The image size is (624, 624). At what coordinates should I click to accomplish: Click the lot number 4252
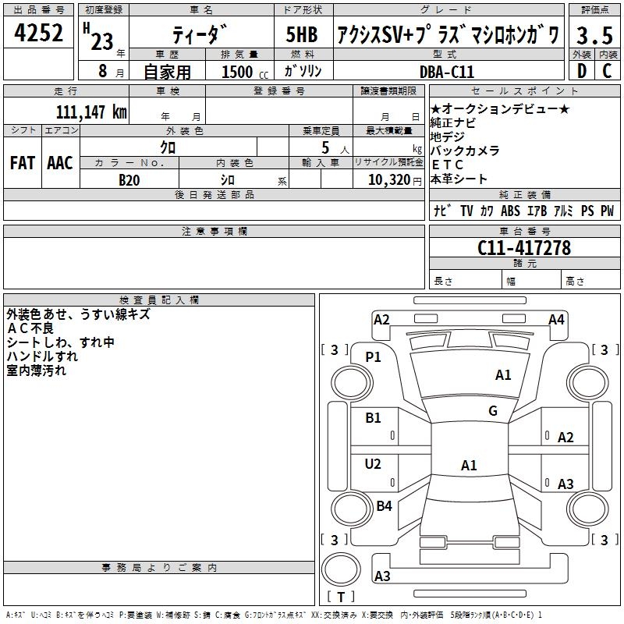(38, 34)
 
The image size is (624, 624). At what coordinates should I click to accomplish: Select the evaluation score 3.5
(594, 35)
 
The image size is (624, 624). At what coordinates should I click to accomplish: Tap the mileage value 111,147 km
(91, 112)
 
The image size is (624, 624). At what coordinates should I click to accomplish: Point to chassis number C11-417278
(524, 248)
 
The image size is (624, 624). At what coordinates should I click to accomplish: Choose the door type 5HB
(302, 35)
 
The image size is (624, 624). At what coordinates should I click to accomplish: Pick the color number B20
(129, 179)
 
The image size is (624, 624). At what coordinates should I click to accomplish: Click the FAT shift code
(23, 163)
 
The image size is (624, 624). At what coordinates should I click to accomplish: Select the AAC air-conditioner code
(60, 163)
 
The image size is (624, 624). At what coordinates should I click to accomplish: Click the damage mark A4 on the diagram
(556, 319)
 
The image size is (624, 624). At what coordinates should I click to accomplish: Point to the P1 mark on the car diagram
(374, 357)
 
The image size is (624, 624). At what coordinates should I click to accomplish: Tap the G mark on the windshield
(492, 411)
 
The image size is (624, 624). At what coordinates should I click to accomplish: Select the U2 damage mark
(374, 464)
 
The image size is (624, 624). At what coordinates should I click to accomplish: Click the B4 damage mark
(384, 506)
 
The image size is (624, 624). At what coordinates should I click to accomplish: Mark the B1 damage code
(374, 418)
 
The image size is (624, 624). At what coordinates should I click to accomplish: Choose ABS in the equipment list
(510, 211)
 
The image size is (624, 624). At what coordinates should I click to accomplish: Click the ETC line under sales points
(448, 165)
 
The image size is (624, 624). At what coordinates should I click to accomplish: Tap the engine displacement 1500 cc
(242, 72)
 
